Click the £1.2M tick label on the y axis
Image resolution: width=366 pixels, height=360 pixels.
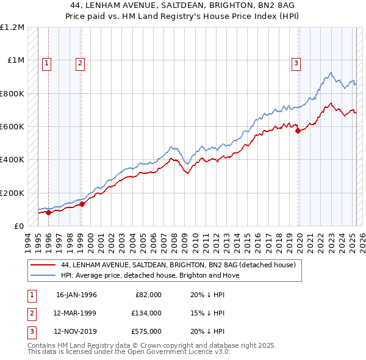12,27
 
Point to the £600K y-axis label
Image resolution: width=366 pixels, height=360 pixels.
12,127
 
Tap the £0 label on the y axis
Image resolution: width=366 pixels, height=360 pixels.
18,226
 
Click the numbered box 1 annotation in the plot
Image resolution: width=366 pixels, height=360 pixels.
47,62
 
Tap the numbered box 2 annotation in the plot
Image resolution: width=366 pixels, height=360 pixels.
80,62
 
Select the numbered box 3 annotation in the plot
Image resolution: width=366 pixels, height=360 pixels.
296,62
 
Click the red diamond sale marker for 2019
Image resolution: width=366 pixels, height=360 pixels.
298,130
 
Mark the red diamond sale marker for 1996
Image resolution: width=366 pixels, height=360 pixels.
49,212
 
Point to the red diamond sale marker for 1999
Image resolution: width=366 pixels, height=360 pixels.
82,204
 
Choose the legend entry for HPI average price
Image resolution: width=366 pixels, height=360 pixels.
150,275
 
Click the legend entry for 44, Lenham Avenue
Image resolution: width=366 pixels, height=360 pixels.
178,265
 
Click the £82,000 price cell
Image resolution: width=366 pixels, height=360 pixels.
148,295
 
